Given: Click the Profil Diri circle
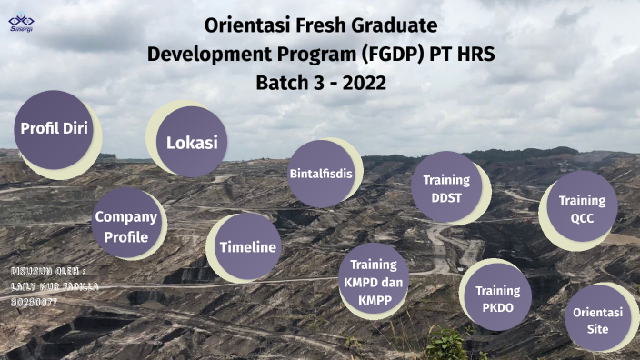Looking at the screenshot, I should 55,129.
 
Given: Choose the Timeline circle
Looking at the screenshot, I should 247,247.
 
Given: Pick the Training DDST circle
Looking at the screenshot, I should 446,187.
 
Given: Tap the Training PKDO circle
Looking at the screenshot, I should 497,297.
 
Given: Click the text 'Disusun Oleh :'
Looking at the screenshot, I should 48,272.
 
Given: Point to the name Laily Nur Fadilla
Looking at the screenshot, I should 54,285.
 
